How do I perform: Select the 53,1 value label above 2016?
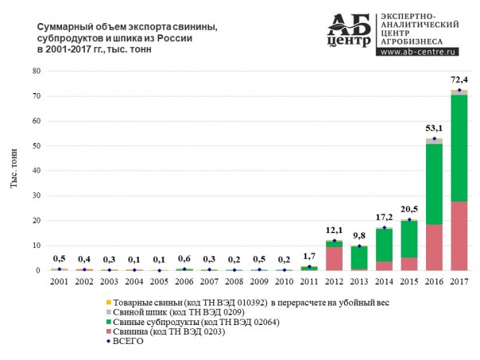435,130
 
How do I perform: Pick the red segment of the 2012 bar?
334,258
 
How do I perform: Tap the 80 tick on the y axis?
36,72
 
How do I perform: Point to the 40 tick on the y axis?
36,171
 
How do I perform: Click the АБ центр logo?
349,32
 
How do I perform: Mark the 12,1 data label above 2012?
334,232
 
